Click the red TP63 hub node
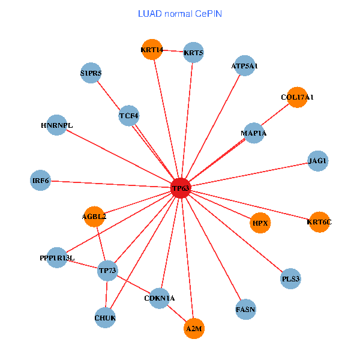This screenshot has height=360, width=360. click(181, 188)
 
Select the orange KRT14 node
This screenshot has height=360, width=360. click(152, 49)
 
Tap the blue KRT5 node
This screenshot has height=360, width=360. click(193, 53)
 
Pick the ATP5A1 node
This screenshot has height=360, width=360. click(244, 66)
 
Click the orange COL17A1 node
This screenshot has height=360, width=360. click(297, 97)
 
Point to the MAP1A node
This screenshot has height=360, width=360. click(253, 133)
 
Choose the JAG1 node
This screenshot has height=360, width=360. click(317, 161)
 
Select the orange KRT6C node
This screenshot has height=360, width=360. click(319, 222)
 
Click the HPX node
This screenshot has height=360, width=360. click(260, 223)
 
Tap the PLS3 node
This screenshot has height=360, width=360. click(290, 279)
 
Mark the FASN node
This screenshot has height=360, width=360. click(246, 310)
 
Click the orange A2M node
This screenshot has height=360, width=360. click(194, 329)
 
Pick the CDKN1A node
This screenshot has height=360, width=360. click(160, 298)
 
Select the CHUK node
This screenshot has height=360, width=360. click(105, 317)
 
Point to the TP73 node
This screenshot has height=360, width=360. click(108, 271)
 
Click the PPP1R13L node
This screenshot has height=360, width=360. click(57, 258)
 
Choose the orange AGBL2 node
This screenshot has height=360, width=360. click(94, 217)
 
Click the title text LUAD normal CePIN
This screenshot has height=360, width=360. click(180, 13)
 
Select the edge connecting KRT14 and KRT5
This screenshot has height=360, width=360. click(173, 51)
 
